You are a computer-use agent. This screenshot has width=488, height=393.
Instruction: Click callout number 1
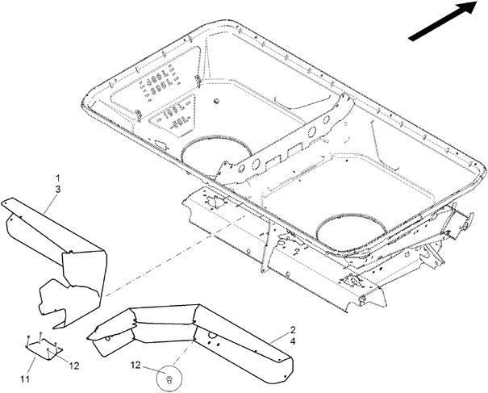pyautogui.click(x=57, y=177)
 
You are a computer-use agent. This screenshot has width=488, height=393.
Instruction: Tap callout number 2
pyautogui.click(x=292, y=331)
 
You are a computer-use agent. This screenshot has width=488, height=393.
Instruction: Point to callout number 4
pyautogui.click(x=292, y=343)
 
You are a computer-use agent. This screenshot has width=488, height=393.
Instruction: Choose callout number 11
pyautogui.click(x=25, y=378)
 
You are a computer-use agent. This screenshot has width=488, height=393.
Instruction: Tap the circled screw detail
pyautogui.click(x=168, y=377)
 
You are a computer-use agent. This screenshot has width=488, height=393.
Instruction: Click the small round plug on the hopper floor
pyautogui.click(x=218, y=101)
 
